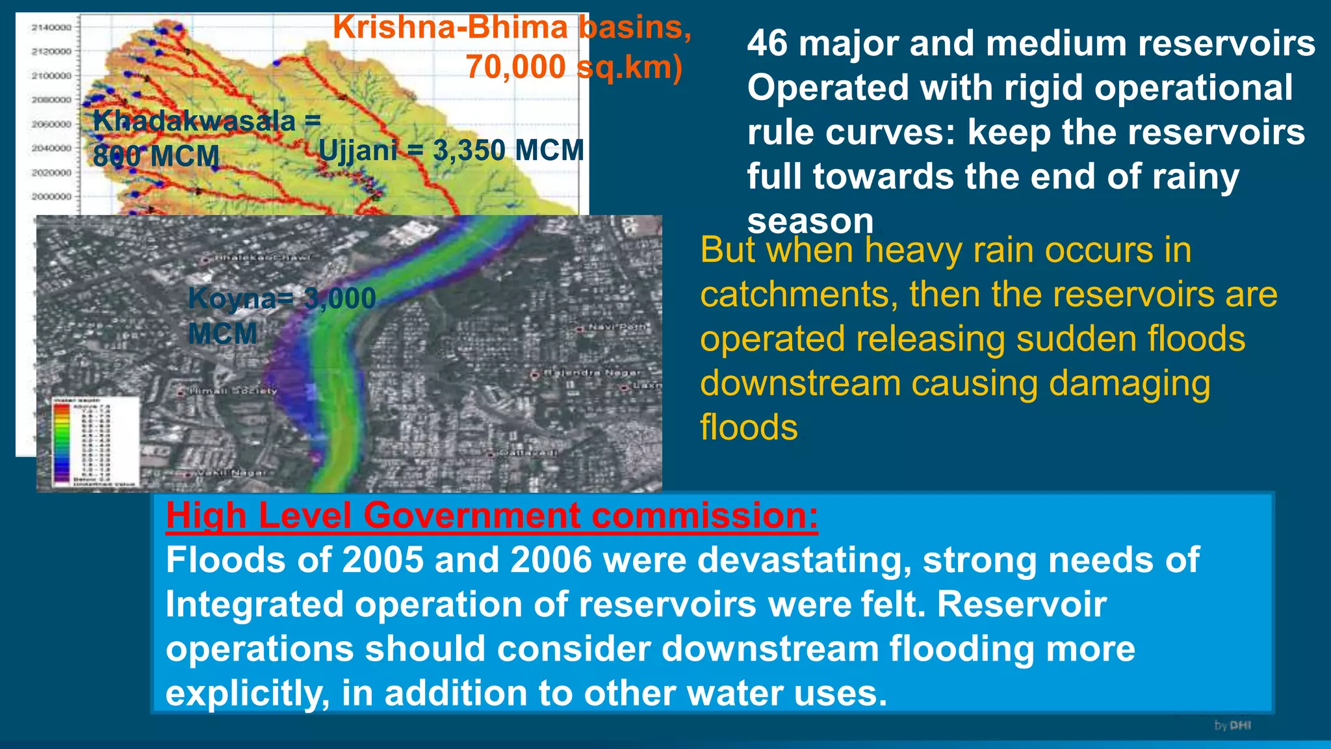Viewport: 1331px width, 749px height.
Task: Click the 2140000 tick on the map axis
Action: [51, 27]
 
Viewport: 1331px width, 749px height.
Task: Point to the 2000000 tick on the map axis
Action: [51, 196]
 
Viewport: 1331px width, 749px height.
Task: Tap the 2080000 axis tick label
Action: [51, 99]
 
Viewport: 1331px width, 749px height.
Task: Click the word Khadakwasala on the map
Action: [194, 122]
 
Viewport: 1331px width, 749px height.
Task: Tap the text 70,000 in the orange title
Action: [515, 66]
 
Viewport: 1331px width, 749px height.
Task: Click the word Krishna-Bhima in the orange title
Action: [450, 27]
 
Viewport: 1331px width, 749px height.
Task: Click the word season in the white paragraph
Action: [810, 221]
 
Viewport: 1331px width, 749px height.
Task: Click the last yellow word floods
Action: [749, 428]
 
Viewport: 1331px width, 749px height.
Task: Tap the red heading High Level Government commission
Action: [491, 516]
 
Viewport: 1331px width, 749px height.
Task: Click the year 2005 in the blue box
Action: [382, 560]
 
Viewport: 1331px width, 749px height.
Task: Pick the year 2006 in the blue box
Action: [551, 560]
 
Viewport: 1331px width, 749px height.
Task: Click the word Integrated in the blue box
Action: [253, 605]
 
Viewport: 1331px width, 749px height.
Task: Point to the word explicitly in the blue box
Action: [247, 693]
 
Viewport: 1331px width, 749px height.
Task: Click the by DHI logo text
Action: [1232, 725]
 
